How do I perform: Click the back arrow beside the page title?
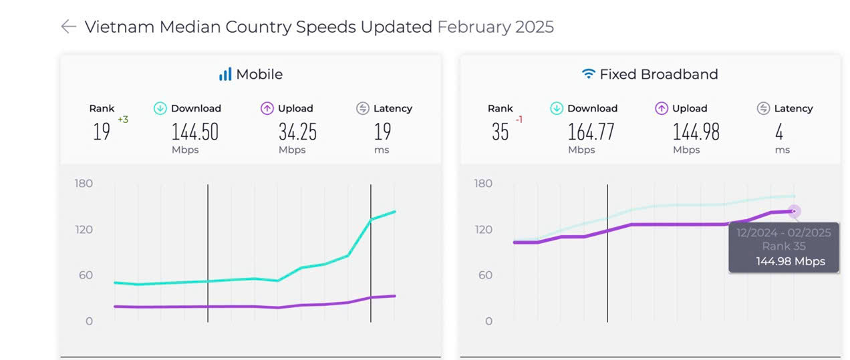pyautogui.click(x=68, y=27)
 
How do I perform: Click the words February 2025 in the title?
pyautogui.click(x=495, y=27)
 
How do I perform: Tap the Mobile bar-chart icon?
pyautogui.click(x=225, y=74)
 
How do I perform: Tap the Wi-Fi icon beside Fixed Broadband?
pyautogui.click(x=588, y=74)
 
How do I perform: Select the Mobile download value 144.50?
pyautogui.click(x=195, y=132)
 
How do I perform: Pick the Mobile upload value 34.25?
pyautogui.click(x=297, y=132)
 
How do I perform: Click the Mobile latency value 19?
pyautogui.click(x=382, y=132)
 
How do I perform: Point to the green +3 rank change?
pyautogui.click(x=123, y=120)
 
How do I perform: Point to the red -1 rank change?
pyautogui.click(x=519, y=120)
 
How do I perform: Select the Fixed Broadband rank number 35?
pyautogui.click(x=500, y=132)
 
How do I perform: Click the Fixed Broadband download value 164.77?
pyautogui.click(x=591, y=132)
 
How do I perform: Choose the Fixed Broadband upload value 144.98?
pyautogui.click(x=696, y=132)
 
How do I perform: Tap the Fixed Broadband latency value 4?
pyautogui.click(x=779, y=132)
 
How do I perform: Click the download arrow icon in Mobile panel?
pyautogui.click(x=160, y=108)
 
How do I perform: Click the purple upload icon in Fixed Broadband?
pyautogui.click(x=662, y=108)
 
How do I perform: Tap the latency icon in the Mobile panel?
pyautogui.click(x=363, y=108)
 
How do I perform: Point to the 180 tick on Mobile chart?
pyautogui.click(x=84, y=184)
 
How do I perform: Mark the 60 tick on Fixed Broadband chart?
pyautogui.click(x=483, y=275)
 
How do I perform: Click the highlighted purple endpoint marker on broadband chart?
pyautogui.click(x=794, y=211)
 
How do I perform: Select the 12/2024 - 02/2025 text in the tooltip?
pyautogui.click(x=784, y=232)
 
